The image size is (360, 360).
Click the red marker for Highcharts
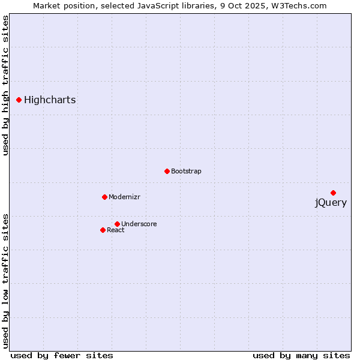click(19, 100)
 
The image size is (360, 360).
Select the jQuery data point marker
click(333, 193)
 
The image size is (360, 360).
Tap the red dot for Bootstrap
click(167, 171)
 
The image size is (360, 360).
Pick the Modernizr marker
click(104, 197)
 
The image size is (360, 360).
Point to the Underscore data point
click(117, 224)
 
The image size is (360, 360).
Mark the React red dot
click(103, 230)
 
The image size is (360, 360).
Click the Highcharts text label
click(50, 100)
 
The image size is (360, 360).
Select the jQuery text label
click(331, 203)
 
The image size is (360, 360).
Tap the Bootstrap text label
click(186, 172)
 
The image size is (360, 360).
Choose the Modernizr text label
click(124, 197)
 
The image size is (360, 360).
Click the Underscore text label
click(139, 224)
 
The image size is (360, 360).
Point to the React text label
click(116, 230)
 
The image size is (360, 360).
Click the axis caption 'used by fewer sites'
click(62, 355)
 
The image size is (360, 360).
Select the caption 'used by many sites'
click(301, 355)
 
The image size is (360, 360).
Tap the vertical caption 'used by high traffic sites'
click(5, 85)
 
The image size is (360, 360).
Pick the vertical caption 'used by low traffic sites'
click(5, 280)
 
